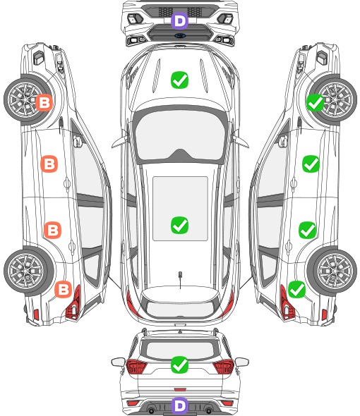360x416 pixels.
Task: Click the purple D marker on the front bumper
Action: tap(179, 20)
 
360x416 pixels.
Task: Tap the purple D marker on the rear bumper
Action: tap(179, 405)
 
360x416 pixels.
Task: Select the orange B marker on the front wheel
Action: tap(44, 102)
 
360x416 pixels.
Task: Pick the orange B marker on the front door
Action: tap(49, 164)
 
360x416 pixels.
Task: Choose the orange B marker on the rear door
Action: tap(53, 230)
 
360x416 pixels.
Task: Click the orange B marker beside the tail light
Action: tap(64, 289)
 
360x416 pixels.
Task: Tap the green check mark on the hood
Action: tap(179, 80)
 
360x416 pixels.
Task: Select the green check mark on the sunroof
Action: tap(179, 225)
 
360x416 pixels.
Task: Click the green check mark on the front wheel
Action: tap(315, 102)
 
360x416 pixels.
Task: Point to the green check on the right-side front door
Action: tap(311, 164)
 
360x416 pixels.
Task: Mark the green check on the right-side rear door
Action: tap(307, 230)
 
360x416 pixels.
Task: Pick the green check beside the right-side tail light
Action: tap(296, 289)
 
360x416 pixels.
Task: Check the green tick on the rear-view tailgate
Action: tap(179, 365)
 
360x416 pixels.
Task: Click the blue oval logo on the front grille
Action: tap(180, 35)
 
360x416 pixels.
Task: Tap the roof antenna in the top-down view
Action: tap(180, 279)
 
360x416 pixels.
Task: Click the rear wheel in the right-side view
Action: tap(332, 271)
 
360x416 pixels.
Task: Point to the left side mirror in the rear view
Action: tap(118, 362)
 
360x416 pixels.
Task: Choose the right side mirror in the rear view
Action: tap(242, 362)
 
